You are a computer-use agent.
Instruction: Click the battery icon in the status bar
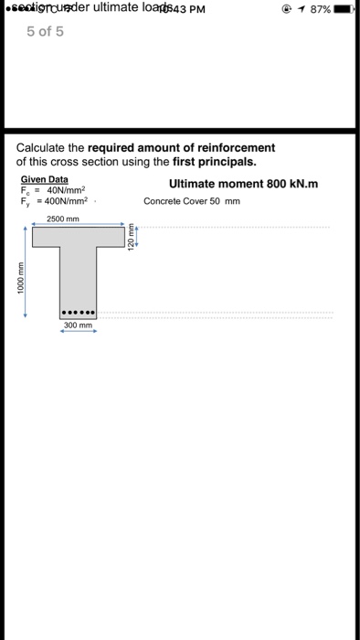pyautogui.click(x=344, y=10)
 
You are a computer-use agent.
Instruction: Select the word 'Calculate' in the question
pyautogui.click(x=46, y=148)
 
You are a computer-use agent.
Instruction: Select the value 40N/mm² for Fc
pyautogui.click(x=65, y=190)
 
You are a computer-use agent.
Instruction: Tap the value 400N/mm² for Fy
pyautogui.click(x=67, y=201)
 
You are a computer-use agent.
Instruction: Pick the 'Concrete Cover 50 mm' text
pyautogui.click(x=192, y=201)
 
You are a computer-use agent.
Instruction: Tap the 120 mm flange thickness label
pyautogui.click(x=131, y=237)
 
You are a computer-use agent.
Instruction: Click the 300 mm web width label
pyautogui.click(x=78, y=325)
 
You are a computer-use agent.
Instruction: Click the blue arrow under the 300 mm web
pyautogui.click(x=78, y=333)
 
